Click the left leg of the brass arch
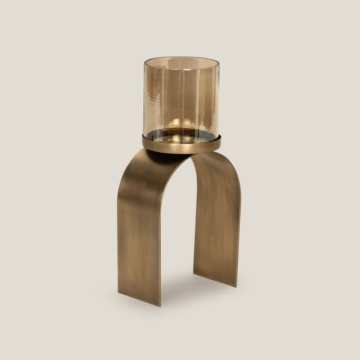point(139,229)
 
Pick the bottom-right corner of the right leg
point(236,286)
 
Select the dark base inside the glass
point(181,135)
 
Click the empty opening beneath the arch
point(178,229)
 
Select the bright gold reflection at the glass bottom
point(176,125)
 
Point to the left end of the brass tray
point(143,141)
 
